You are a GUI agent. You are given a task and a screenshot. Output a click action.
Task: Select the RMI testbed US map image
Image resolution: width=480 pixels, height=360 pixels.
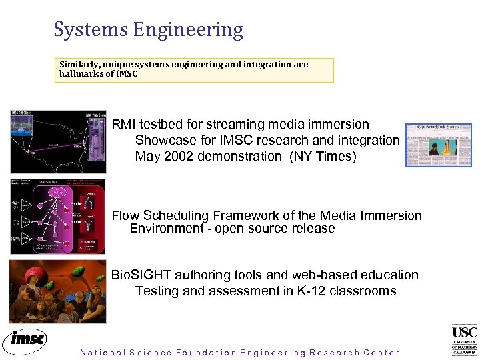[x=58, y=142]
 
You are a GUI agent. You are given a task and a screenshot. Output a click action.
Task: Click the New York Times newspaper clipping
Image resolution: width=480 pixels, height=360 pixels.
[x=439, y=145]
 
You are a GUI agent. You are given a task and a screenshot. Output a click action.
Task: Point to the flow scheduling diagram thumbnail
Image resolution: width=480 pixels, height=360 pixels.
[x=58, y=216]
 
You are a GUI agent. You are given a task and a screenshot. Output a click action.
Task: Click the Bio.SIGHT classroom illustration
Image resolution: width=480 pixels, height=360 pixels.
[x=58, y=291]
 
